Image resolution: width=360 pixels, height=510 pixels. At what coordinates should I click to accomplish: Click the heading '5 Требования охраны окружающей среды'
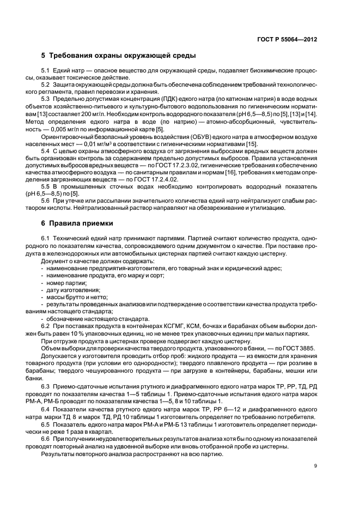click(119, 56)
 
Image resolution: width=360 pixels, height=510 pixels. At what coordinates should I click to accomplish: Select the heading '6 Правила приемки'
click(77, 222)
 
